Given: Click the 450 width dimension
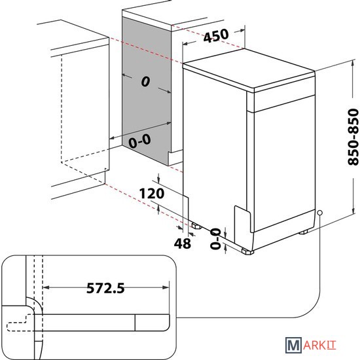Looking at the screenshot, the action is pyautogui.click(x=216, y=35).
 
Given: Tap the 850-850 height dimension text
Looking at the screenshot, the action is pyautogui.click(x=353, y=137).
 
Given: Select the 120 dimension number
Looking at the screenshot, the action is pyautogui.click(x=152, y=194).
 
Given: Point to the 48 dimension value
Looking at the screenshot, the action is pyautogui.click(x=183, y=243).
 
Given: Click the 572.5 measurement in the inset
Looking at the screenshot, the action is pyautogui.click(x=105, y=288).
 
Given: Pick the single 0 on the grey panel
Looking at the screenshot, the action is pyautogui.click(x=145, y=82).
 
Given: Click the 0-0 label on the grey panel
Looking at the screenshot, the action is pyautogui.click(x=140, y=141).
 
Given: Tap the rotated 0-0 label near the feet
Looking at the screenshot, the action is pyautogui.click(x=215, y=239).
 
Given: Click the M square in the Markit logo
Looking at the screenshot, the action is pyautogui.click(x=293, y=345).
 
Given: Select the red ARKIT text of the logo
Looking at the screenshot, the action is pyautogui.click(x=319, y=346).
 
